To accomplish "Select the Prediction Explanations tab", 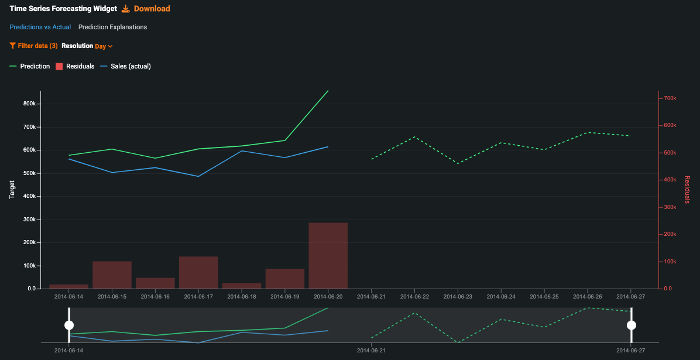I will click(x=112, y=27).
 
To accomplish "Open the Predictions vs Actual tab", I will click(x=40, y=27).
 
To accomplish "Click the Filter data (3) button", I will click(x=33, y=46).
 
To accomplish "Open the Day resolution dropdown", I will click(x=104, y=46).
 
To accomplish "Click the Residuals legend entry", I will click(x=75, y=66).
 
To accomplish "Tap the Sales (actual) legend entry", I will click(x=126, y=66).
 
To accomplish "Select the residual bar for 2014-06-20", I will click(x=328, y=255).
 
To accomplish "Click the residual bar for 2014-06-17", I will click(x=198, y=272).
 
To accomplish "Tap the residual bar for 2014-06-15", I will click(x=112, y=275).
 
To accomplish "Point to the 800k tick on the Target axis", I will click(x=29, y=104).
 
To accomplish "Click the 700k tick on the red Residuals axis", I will click(x=670, y=98).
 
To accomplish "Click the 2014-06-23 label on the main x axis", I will click(x=458, y=297).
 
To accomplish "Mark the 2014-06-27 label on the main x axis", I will click(x=630, y=297).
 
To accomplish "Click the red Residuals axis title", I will click(x=687, y=190).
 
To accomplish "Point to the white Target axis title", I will click(x=12, y=190).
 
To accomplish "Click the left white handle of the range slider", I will click(x=69, y=325).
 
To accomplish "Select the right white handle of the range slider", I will click(x=631, y=325).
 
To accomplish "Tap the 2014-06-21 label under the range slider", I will click(x=371, y=350).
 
